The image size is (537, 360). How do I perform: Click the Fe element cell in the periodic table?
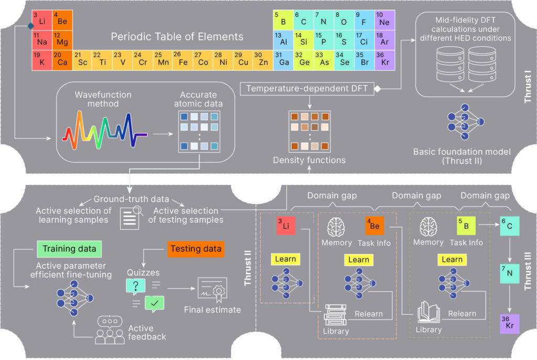pyautogui.click(x=182, y=60)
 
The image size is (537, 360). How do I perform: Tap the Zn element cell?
pyautogui.click(x=262, y=60)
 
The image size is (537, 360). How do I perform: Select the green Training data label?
pyautogui.click(x=69, y=248)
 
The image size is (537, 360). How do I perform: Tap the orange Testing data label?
pyautogui.click(x=195, y=247)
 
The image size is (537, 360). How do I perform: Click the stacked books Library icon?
pyautogui.click(x=335, y=314)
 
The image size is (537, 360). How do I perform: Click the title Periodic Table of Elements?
pyautogui.click(x=177, y=37)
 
